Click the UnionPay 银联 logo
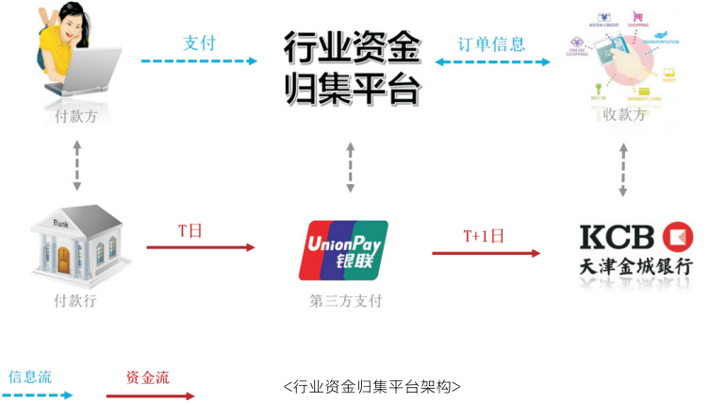343,250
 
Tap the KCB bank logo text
619,235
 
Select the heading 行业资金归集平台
351,67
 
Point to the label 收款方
624,114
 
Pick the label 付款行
75,301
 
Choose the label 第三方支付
345,301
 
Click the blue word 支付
199,42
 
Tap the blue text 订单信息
491,44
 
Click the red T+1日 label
484,236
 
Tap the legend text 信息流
30,377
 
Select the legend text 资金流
147,377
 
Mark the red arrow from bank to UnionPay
200,247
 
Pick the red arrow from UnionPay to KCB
486,253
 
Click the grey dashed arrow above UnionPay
351,169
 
